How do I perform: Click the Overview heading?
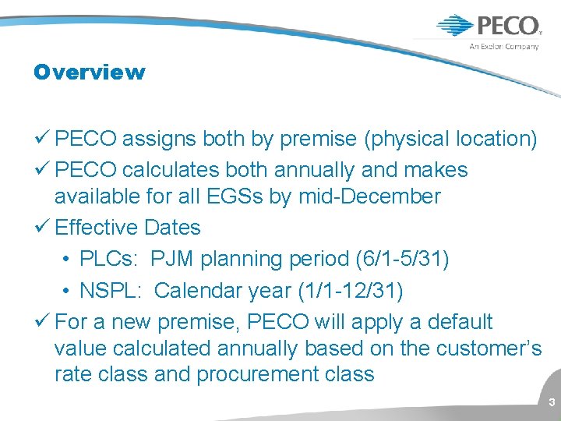click(x=89, y=73)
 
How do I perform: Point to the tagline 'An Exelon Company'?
click(x=503, y=46)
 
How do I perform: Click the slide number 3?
click(x=551, y=403)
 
